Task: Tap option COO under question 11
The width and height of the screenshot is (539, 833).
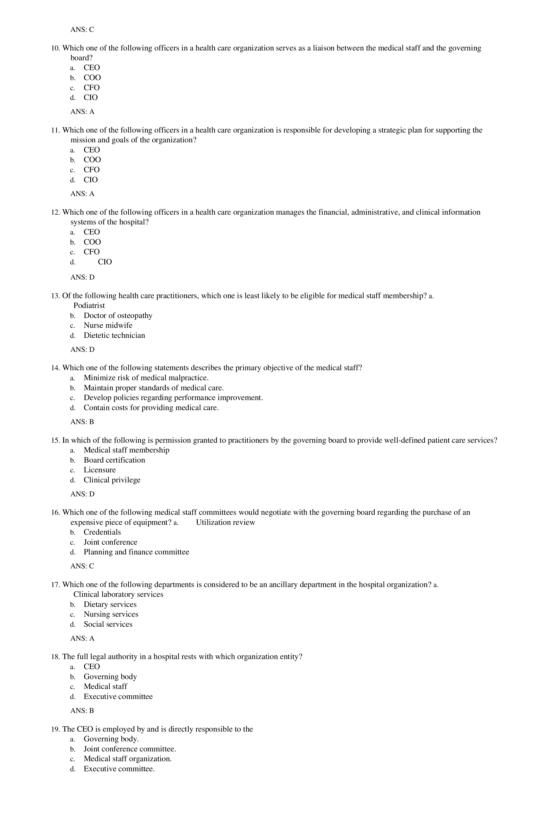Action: [92, 160]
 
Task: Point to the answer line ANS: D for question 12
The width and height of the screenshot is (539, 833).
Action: [82, 277]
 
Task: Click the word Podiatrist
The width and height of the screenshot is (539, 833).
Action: [89, 306]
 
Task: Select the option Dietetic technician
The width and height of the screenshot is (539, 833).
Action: [114, 335]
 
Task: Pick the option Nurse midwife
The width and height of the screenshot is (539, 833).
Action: [108, 326]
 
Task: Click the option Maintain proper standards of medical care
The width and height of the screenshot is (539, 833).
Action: [154, 388]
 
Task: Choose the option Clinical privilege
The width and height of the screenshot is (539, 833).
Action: [112, 480]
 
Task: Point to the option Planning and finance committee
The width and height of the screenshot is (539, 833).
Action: [136, 552]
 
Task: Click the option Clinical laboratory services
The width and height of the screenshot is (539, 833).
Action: [118, 594]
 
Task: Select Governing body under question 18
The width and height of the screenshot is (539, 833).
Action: [110, 676]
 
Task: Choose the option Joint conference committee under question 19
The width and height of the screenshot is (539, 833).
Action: [130, 749]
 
